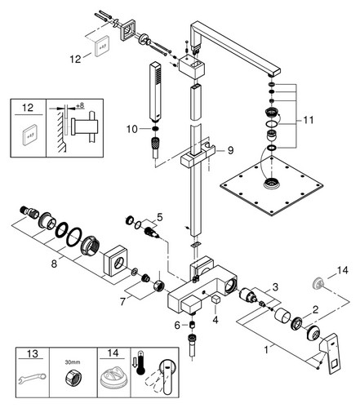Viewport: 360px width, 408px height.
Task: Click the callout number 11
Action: click(309, 120)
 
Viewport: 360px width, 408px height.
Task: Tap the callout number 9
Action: click(230, 150)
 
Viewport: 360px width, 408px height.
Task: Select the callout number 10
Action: click(132, 129)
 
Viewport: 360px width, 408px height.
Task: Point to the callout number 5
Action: click(160, 217)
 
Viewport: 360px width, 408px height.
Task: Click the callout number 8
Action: click(54, 264)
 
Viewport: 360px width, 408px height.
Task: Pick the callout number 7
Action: click(123, 301)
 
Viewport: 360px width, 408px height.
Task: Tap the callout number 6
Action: click(177, 325)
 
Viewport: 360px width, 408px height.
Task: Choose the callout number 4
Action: click(216, 320)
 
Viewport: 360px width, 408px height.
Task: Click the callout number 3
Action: click(275, 286)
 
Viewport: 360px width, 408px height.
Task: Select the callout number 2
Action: click(315, 309)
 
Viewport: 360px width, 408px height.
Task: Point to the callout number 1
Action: click(267, 349)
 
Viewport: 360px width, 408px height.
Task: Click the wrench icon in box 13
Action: click(32, 379)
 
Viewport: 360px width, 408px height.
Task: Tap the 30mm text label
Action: click(73, 362)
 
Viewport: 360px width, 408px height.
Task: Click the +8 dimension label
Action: click(80, 105)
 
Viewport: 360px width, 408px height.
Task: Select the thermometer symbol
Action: click(140, 363)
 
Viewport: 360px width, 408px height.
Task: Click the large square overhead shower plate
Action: click(271, 186)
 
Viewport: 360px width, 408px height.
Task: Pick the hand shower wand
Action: click(155, 92)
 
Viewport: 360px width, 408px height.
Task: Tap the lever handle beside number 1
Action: click(331, 356)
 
